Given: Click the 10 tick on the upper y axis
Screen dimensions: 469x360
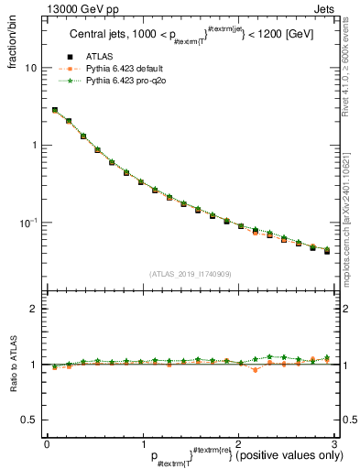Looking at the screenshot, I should (x=34, y=68).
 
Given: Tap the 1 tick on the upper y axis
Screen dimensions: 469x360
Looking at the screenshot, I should (x=37, y=145).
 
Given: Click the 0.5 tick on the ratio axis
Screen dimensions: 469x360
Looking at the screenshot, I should (x=32, y=420).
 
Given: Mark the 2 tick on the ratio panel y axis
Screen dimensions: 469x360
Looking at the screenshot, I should (x=37, y=309).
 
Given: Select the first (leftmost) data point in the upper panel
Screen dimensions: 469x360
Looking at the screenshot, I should (x=54, y=110).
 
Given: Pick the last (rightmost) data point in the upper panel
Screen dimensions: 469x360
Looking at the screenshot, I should (x=327, y=250).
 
